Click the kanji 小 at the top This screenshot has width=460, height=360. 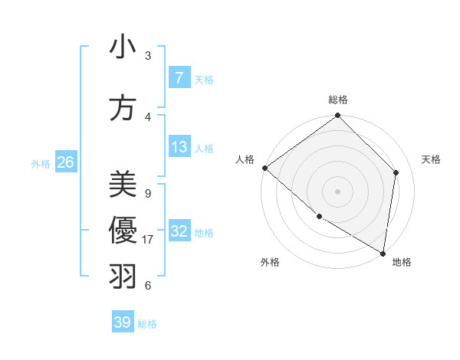coord(123,47)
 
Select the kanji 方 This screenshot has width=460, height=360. coord(123,108)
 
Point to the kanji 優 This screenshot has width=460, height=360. coord(123,230)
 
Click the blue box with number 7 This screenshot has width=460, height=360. coord(179,77)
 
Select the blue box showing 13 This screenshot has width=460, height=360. coord(179,147)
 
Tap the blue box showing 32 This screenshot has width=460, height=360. coord(179,231)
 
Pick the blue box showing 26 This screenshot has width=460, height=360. coord(65,162)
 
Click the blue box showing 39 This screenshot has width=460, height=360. coord(123,322)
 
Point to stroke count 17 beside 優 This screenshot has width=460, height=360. coord(148,240)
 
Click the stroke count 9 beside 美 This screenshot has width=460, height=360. coord(147,193)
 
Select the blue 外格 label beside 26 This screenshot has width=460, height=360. coord(41,163)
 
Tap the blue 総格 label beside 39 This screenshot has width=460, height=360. coord(147,323)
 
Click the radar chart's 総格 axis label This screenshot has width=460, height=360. coord(338,100)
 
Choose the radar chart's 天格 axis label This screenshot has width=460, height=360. coord(432,159)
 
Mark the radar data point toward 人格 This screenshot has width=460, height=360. coord(264,168)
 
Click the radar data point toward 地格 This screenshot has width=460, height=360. coord(383,253)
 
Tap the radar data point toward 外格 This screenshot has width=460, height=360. coord(319,217)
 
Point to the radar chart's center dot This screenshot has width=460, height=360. coord(338,191)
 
